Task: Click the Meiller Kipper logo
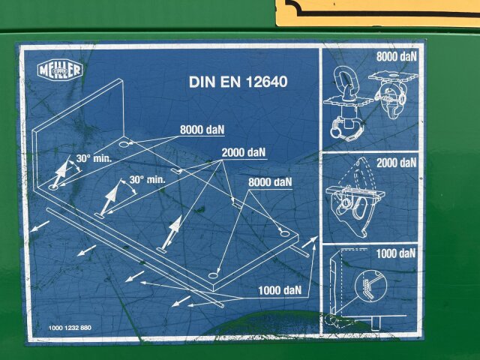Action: tap(60, 70)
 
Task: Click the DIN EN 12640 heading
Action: tap(238, 82)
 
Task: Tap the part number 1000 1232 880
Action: tap(70, 328)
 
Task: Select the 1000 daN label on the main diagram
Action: tap(280, 290)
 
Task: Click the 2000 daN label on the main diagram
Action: tap(243, 152)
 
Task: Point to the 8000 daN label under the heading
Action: tap(202, 130)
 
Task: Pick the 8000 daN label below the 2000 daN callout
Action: tap(270, 182)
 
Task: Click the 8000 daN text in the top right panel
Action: tap(397, 57)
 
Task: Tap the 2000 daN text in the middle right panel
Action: tap(397, 163)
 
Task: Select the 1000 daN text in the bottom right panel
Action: tap(396, 253)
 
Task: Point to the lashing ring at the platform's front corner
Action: tap(213, 276)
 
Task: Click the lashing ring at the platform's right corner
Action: tap(285, 234)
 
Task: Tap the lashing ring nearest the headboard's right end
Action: tap(124, 144)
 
